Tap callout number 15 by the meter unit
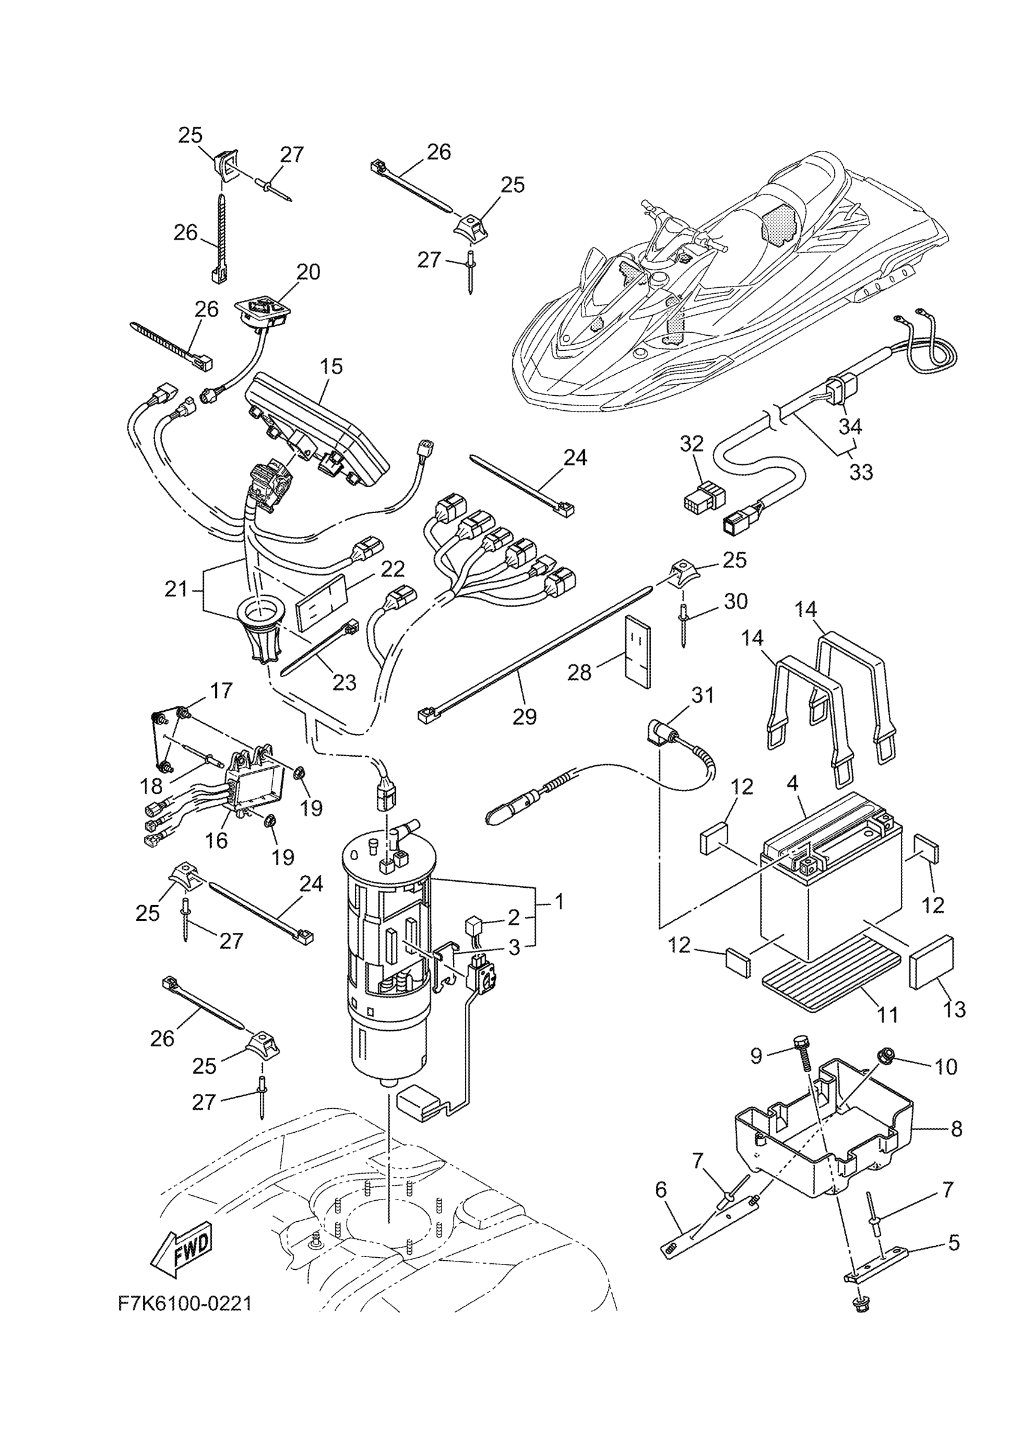(332, 366)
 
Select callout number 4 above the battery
(792, 784)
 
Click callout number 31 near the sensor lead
(703, 696)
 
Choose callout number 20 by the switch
(309, 272)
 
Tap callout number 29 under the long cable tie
(524, 716)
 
